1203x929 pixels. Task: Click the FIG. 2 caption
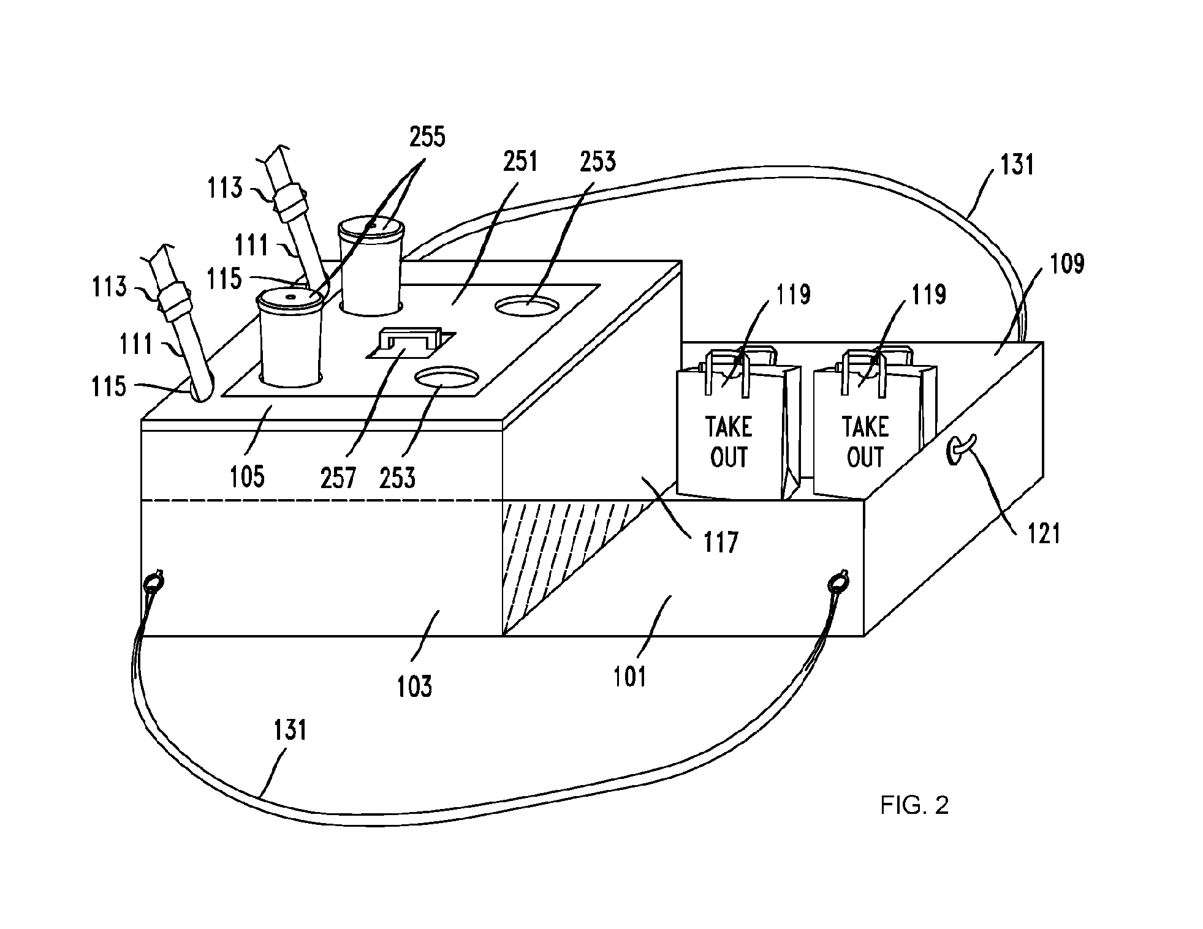(914, 805)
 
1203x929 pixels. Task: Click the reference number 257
(338, 476)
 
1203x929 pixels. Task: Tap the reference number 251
(520, 162)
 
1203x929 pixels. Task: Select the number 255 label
(427, 137)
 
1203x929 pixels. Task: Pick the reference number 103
(415, 686)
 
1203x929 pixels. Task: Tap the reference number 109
(1068, 263)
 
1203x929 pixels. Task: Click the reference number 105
(247, 476)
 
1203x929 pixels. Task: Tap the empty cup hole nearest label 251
(528, 306)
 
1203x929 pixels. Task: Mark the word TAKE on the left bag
(729, 427)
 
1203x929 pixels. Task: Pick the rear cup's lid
(371, 228)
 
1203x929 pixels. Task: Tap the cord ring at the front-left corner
(153, 580)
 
